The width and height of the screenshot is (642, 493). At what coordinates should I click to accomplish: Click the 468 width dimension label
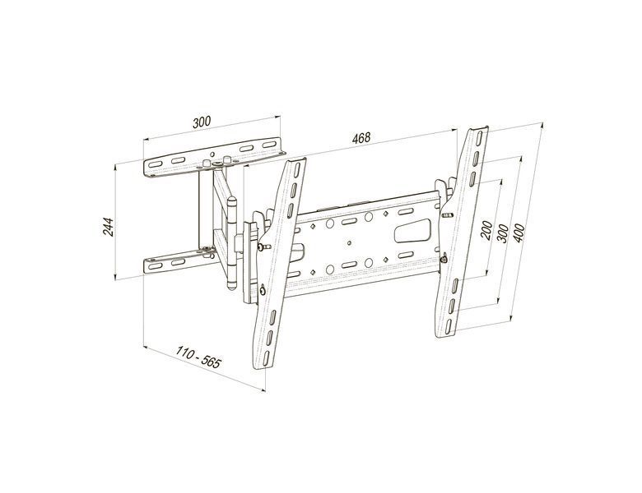[361, 138]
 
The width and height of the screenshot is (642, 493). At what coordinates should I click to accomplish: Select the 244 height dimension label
[108, 227]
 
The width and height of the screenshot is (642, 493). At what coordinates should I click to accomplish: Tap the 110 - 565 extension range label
[198, 357]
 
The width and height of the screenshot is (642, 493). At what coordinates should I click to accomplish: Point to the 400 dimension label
[519, 233]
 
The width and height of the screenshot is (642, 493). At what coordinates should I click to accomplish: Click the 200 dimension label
[486, 231]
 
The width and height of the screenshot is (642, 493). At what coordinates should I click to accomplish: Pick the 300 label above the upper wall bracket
[202, 122]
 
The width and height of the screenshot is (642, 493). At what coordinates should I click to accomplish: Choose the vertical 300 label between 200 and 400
[503, 233]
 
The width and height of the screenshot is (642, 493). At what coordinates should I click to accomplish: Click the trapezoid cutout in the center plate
[412, 230]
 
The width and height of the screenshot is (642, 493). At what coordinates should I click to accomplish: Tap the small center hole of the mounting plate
[349, 242]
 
